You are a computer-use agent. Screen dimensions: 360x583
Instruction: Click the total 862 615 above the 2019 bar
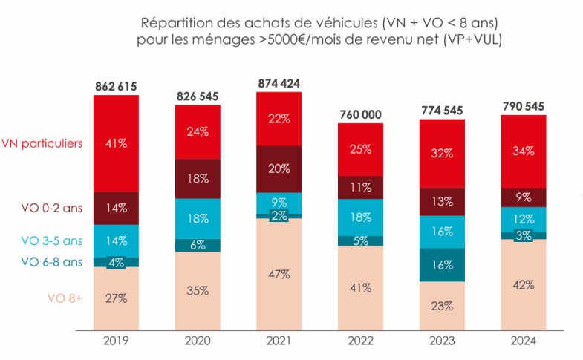point(116,86)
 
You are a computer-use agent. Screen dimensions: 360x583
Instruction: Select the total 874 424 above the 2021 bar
point(279,83)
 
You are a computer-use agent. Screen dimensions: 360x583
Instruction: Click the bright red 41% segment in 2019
point(116,143)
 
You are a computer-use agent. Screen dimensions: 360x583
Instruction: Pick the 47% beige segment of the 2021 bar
point(279,273)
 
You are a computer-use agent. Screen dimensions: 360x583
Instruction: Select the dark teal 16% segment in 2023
point(442,264)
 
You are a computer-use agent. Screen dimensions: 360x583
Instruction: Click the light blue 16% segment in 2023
point(442,231)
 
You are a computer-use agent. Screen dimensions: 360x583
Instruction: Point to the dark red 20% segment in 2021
point(279,168)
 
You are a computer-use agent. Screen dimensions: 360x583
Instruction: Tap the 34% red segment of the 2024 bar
point(524,151)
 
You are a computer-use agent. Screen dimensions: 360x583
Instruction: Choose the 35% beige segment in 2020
point(198,290)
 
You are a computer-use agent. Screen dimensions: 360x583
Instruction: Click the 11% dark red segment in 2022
point(360,187)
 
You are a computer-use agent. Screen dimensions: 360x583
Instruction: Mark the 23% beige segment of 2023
point(442,305)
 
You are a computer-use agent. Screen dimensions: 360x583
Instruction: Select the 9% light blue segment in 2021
point(279,203)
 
